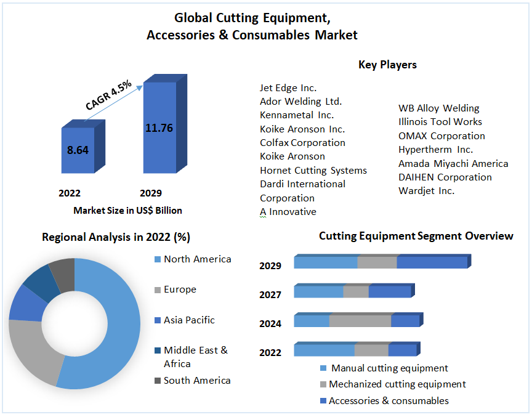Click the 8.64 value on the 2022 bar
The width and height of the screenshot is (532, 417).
[x=78, y=150]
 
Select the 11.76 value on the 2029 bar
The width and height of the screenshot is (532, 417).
[x=159, y=128]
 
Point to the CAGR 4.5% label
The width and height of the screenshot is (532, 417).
[x=108, y=95]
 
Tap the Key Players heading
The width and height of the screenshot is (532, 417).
[x=387, y=65]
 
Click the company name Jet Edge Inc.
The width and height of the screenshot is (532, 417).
[x=288, y=88]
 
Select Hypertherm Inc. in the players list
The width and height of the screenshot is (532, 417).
[x=435, y=150]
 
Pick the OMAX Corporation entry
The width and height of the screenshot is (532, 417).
[x=441, y=136]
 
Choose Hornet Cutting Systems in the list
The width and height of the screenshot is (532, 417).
[x=313, y=171]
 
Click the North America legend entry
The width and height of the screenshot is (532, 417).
[x=197, y=259]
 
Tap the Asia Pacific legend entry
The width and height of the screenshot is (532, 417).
[x=189, y=320]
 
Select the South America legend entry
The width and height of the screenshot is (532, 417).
[x=197, y=381]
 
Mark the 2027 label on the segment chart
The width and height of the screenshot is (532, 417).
[x=270, y=295]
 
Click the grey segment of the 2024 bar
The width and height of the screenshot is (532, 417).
[x=360, y=321]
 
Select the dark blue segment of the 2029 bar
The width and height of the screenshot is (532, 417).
[x=432, y=262]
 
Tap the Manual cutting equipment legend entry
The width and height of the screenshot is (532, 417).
[x=389, y=368]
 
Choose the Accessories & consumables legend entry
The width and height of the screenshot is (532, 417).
[x=389, y=401]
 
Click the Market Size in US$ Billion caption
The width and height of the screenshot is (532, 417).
[x=127, y=211]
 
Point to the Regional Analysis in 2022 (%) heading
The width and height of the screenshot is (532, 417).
[x=116, y=237]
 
